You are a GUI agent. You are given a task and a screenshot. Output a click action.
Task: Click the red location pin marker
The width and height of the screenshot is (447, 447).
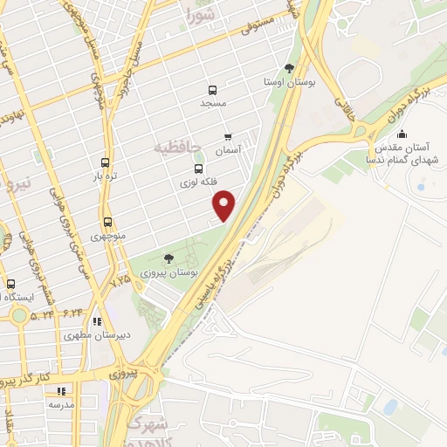225,205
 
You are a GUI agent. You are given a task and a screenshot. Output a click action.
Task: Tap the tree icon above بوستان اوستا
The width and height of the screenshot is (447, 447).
289,67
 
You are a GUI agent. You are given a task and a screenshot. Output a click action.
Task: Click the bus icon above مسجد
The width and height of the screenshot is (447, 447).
211,90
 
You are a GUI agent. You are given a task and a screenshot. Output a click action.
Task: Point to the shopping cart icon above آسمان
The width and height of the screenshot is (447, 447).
229,137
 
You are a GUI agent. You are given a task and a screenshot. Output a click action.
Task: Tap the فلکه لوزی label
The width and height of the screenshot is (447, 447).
197,182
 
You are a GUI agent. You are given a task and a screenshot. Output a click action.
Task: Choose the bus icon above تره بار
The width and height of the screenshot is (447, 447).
106,162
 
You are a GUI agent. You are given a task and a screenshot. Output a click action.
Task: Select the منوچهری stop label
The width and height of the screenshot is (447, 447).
107,236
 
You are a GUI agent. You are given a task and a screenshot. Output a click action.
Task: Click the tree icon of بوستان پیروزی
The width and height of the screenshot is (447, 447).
168,258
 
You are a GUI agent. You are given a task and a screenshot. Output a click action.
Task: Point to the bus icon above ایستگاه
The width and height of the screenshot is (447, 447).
11,285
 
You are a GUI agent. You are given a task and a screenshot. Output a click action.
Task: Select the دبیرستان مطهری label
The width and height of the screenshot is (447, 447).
89,334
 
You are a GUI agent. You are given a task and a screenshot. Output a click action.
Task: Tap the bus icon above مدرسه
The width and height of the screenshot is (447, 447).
61,392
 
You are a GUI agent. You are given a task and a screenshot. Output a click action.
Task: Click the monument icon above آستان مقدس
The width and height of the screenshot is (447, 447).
401,134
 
